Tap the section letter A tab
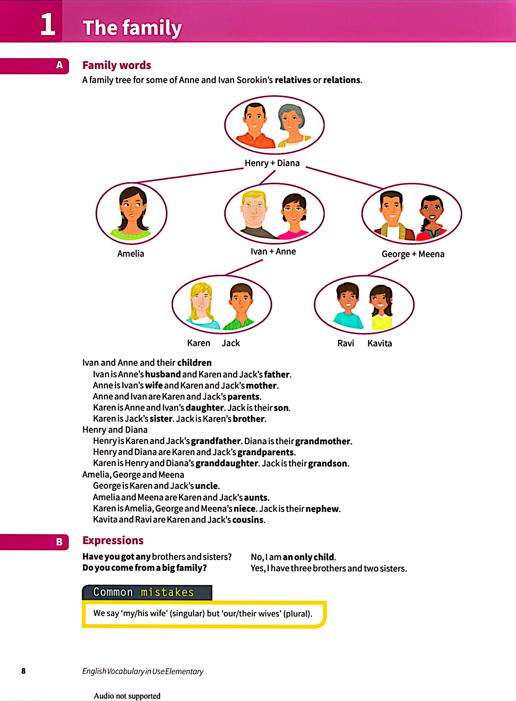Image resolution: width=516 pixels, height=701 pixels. coord(59,65)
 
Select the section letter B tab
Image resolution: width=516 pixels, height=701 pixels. coord(59,541)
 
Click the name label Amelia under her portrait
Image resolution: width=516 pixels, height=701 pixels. coord(131,254)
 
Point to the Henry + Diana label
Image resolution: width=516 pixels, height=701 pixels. coord(272,163)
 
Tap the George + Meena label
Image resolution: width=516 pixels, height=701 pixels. coord(413,254)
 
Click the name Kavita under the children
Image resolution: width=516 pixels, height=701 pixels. coord(380,343)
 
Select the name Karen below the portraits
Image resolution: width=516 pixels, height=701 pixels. coord(199,343)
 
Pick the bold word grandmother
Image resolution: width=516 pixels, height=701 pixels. coord(323,441)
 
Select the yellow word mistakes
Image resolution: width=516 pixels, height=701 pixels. coord(167,592)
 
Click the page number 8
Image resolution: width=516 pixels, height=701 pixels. coord(23,671)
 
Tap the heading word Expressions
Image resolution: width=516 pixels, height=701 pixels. coord(113,540)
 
